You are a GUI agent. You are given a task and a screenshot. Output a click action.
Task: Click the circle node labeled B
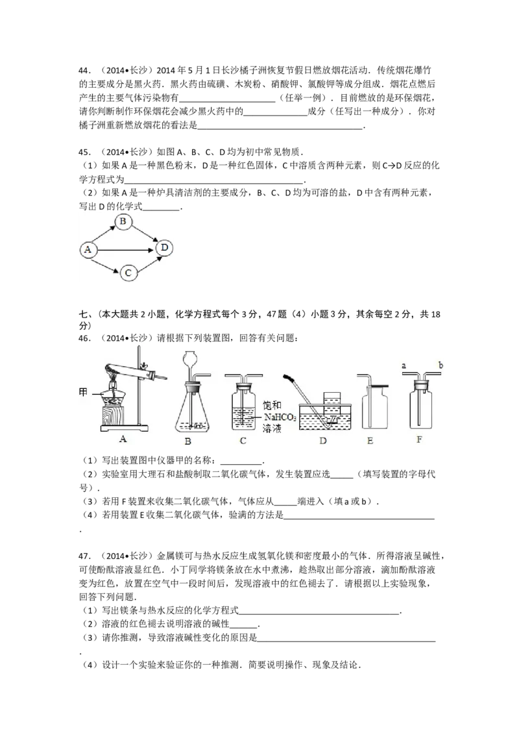pos(123,221)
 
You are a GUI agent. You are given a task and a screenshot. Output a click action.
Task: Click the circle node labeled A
pos(88,250)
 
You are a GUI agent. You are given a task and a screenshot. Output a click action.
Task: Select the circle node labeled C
pos(128,273)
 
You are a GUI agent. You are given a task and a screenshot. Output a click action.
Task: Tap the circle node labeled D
pos(164,247)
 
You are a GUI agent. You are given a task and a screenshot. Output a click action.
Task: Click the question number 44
pos(84,71)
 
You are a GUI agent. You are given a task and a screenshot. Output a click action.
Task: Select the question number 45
pos(84,153)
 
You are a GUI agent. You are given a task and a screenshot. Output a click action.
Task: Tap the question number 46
pos(84,338)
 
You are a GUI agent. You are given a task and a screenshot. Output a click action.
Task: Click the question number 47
pos(84,556)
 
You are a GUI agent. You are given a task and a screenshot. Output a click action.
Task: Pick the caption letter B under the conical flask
pos(188,441)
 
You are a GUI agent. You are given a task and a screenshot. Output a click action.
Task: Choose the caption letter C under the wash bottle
pos(243,441)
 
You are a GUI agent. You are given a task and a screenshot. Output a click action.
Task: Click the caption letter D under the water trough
pos(322,441)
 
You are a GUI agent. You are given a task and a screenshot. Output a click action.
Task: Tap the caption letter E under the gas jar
pos(370,441)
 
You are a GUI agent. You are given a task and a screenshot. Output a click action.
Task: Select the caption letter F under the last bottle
pos(419,440)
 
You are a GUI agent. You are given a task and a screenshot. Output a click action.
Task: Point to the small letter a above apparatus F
pos(404,365)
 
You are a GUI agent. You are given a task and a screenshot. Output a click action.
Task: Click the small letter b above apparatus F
pos(441,365)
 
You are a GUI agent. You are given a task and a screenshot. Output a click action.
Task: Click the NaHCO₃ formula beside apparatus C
pos(280,417)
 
